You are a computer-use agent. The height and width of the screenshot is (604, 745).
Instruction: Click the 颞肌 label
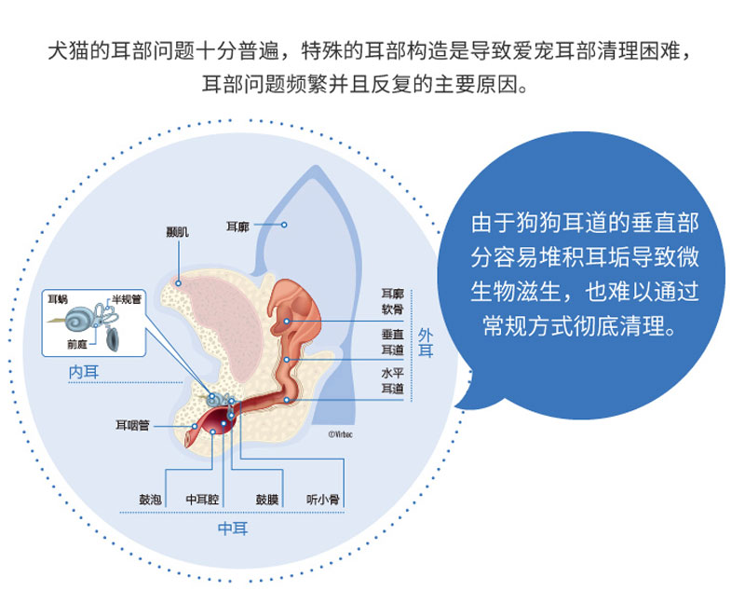(177, 232)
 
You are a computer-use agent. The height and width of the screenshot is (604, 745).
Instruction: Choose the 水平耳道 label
(393, 380)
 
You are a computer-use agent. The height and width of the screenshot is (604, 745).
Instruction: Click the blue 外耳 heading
(426, 342)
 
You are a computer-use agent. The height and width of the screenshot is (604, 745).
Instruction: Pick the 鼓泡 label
(150, 500)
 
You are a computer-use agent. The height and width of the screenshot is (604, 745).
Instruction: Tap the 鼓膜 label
(266, 500)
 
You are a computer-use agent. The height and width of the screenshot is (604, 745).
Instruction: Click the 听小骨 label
(322, 500)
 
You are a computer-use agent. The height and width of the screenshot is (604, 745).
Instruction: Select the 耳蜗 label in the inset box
(58, 299)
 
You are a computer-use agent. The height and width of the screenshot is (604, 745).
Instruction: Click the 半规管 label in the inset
(125, 299)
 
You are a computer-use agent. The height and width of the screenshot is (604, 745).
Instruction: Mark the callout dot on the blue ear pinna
(286, 225)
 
